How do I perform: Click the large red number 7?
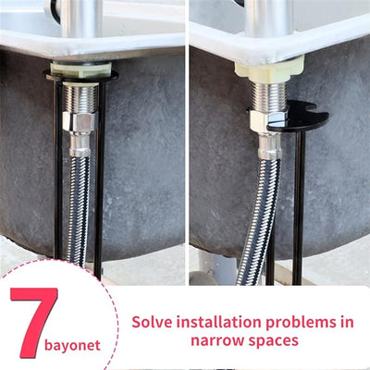(x=34, y=324)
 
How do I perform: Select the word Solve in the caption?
(x=154, y=323)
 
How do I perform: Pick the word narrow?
(x=216, y=340)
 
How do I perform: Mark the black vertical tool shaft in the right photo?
(x=298, y=203)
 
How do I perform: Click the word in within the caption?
(x=346, y=323)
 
